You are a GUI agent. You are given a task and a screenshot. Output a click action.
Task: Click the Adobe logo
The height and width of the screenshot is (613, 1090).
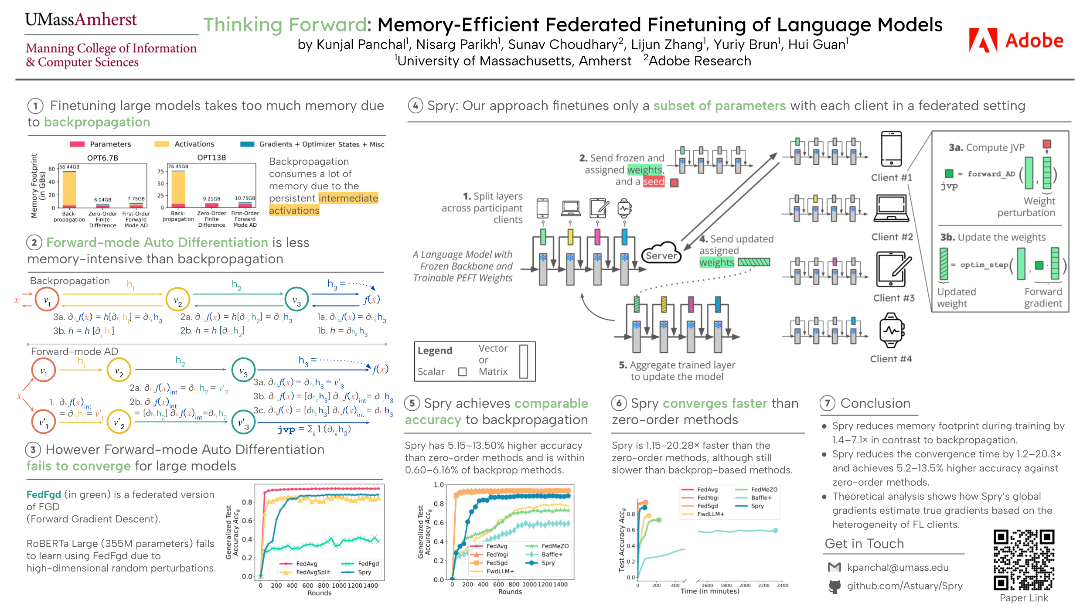tap(1015, 40)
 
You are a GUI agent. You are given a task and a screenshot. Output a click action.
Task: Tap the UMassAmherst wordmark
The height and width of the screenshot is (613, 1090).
tap(81, 20)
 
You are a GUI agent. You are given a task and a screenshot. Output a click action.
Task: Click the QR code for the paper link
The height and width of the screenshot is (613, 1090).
tap(1023, 560)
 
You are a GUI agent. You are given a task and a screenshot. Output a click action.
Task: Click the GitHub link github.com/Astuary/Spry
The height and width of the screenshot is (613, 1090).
tap(904, 586)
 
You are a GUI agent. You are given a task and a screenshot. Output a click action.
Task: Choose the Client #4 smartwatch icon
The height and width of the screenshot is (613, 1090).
tap(891, 330)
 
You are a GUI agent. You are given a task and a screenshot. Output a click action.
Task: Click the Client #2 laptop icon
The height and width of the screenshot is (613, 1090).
tap(891, 208)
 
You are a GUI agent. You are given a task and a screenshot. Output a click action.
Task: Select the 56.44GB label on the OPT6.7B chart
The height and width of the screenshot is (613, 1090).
tap(69, 167)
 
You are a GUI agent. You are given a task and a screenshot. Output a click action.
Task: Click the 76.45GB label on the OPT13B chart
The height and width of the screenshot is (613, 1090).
tap(178, 167)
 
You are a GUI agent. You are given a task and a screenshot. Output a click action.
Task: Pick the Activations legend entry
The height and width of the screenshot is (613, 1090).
tap(194, 144)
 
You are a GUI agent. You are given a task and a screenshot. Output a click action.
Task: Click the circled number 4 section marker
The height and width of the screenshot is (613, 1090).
tap(416, 106)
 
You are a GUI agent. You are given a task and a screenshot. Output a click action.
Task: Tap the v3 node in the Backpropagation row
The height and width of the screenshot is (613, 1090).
tap(296, 300)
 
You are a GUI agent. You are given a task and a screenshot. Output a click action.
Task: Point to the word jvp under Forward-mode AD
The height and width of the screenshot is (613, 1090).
tap(286, 429)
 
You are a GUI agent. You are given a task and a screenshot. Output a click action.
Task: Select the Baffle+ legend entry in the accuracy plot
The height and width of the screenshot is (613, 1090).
tap(552, 555)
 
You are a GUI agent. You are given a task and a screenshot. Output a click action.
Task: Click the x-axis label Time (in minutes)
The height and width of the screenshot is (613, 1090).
tap(710, 591)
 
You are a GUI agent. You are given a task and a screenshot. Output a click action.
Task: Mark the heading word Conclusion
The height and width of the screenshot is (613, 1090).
tap(875, 403)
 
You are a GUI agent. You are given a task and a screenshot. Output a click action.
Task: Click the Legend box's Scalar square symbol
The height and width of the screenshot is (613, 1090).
tap(463, 371)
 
